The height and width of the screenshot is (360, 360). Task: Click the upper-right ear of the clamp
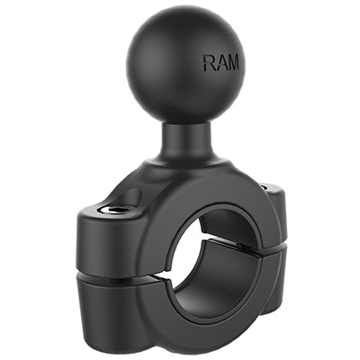click(x=270, y=193)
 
